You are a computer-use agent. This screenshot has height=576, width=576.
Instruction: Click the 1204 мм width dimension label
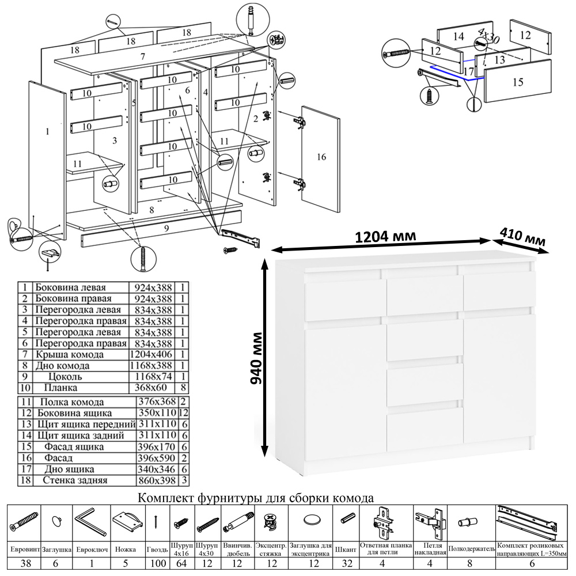click(x=385, y=237)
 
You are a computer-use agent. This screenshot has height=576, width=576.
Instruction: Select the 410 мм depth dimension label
click(x=522, y=238)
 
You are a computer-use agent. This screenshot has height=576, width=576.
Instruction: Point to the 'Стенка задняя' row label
click(x=70, y=480)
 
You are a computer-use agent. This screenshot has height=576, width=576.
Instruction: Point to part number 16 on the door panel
click(x=321, y=157)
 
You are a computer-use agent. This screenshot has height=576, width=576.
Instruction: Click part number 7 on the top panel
click(x=142, y=56)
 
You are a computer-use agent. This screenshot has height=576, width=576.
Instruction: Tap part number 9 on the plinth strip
click(x=166, y=229)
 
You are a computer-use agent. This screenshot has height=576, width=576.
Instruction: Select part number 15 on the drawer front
click(x=517, y=82)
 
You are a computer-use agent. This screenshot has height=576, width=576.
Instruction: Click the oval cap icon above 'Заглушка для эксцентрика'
click(x=311, y=520)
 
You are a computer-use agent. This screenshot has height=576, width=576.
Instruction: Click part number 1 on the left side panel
click(x=47, y=132)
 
